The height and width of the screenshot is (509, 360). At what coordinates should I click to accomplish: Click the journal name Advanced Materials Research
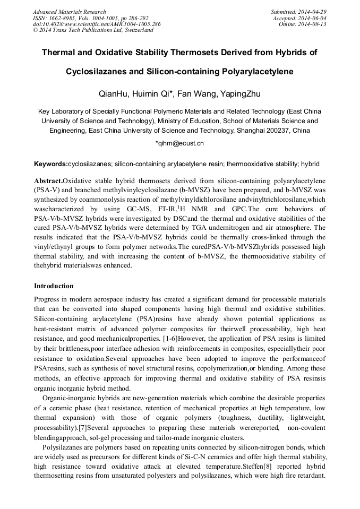pos(69,12)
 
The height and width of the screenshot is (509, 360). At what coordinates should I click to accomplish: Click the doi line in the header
pos(97,24)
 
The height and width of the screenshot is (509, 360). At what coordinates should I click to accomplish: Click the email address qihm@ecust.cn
pos(181,143)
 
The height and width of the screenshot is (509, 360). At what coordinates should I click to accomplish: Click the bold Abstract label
pos(48,181)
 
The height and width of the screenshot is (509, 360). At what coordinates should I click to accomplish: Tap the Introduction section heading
pos(54,286)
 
